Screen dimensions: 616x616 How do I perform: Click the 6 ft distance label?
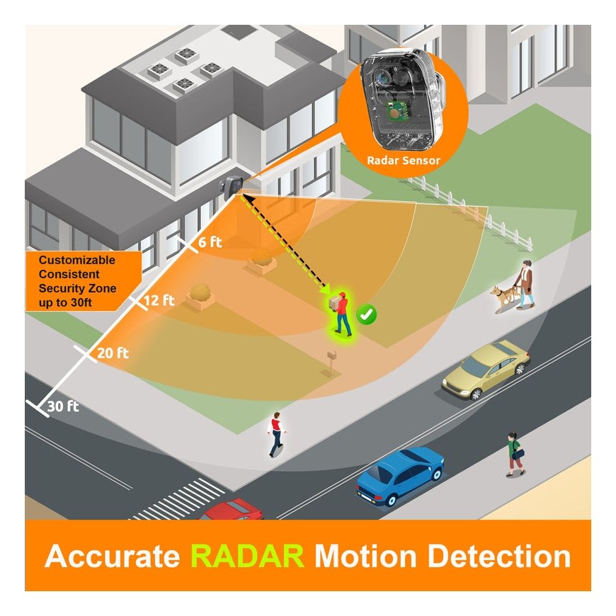tap(210, 242)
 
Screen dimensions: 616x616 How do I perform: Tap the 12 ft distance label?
tap(159, 300)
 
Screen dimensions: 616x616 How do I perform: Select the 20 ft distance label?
tap(113, 353)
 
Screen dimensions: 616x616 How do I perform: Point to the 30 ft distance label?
tap(63, 407)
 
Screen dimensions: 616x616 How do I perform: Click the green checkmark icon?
tap(366, 314)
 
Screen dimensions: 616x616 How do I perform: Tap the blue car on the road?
tap(400, 474)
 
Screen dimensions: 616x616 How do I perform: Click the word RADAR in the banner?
tap(247, 556)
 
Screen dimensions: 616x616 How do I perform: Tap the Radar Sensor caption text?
tap(404, 161)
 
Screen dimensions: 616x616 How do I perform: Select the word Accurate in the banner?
tap(113, 556)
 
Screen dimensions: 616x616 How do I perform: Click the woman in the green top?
tap(515, 453)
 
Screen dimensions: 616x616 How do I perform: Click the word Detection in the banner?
tap(499, 556)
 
